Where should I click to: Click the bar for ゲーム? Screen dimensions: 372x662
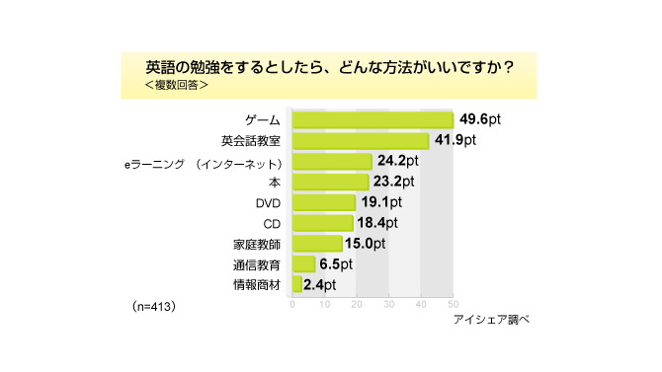(372, 119)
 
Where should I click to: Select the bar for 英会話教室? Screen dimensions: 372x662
(361, 140)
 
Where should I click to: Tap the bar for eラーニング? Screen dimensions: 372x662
(332, 161)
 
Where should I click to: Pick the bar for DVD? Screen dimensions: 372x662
(324, 202)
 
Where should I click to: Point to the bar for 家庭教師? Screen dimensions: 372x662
(317, 244)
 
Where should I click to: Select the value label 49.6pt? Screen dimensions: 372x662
(479, 119)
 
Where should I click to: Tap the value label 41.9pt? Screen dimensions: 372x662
(455, 140)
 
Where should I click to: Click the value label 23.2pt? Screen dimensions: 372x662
(394, 182)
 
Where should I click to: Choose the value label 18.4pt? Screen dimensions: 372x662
(378, 223)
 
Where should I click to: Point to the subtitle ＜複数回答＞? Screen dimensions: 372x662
(176, 86)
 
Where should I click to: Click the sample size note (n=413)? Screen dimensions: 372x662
(153, 307)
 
